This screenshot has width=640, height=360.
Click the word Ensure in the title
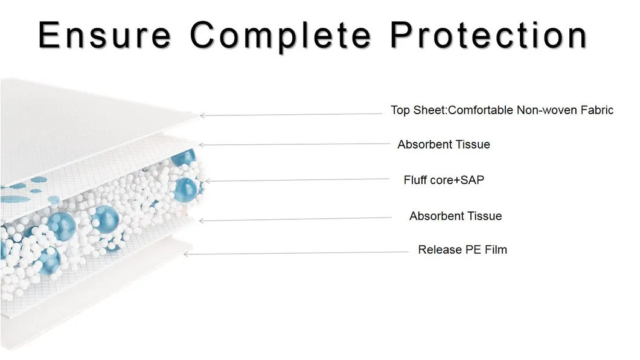tap(104, 34)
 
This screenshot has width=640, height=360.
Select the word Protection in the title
tap(488, 36)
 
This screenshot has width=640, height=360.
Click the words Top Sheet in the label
tap(418, 110)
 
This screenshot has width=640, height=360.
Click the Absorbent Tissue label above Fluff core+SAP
tap(444, 144)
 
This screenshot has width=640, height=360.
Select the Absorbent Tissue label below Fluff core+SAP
tap(455, 216)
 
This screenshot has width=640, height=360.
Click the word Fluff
tap(414, 180)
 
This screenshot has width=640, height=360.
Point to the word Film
tap(496, 250)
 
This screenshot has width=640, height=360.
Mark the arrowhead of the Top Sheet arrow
tap(201, 115)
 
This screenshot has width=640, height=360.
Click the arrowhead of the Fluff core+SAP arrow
tap(207, 181)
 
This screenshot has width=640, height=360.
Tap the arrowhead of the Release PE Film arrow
tap(185, 254)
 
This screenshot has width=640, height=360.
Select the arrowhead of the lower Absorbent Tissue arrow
tap(201, 221)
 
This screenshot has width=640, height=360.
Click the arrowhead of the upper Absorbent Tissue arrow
tap(201, 145)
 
